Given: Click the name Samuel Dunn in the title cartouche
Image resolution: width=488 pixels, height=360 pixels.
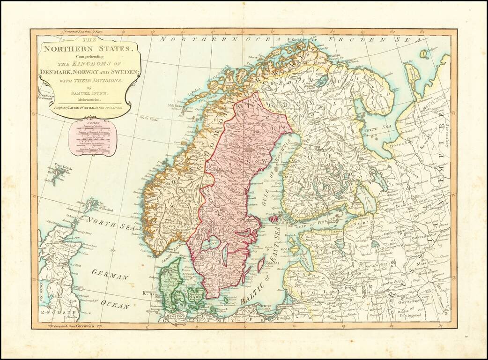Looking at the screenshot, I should [90, 93].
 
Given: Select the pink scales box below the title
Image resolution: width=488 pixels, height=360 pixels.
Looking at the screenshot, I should [89, 138].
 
